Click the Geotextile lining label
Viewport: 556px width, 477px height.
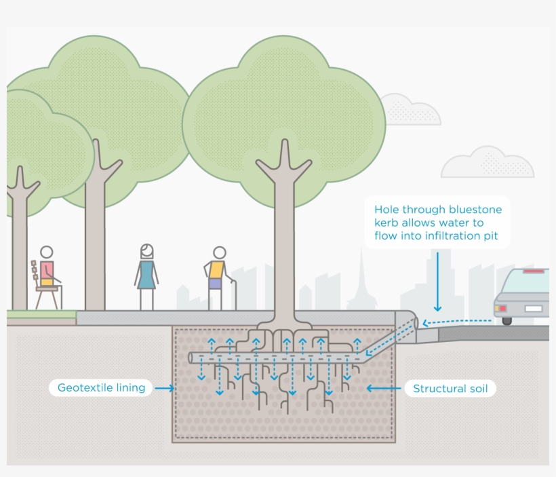pos(101,388)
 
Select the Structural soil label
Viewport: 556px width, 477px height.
pos(450,389)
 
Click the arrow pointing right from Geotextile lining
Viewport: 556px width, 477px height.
pos(164,389)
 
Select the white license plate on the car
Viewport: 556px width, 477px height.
pos(534,309)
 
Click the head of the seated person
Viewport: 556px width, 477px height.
pos(46,253)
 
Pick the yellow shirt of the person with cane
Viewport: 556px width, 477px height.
pos(216,270)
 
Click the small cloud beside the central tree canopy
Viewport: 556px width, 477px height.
pos(409,111)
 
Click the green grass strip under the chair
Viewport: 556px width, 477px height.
pos(41,314)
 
